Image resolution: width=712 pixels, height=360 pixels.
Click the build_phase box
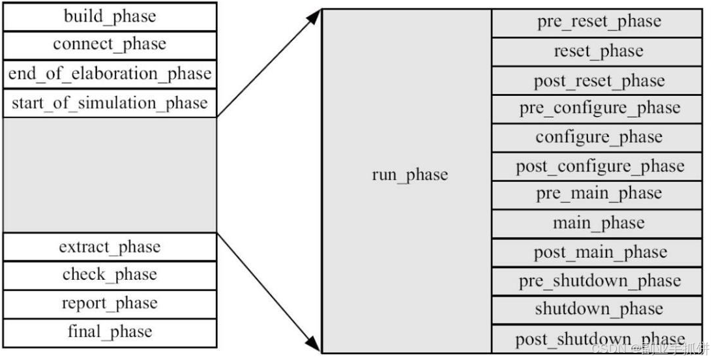tap(110, 16)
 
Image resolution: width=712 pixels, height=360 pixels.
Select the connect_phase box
tap(110, 45)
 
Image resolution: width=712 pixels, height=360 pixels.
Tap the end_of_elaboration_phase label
tap(110, 74)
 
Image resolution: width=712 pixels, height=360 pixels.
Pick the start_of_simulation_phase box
tap(110, 103)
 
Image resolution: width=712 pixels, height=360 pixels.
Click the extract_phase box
tap(110, 247)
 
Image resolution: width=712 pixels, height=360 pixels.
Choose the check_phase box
tap(110, 275)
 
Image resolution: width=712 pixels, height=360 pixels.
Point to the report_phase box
tap(110, 304)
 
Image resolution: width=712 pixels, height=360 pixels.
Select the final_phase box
tap(110, 332)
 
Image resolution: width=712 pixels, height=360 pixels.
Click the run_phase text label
tap(409, 175)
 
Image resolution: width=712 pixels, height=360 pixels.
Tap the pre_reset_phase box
tap(599, 23)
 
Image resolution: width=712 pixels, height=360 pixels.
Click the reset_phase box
tap(599, 52)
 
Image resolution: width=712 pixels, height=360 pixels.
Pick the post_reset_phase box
tap(599, 81)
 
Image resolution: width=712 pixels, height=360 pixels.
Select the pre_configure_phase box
tap(599, 109)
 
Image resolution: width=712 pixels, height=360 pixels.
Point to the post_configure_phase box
tap(599, 166)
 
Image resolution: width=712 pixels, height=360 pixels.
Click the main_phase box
tap(599, 224)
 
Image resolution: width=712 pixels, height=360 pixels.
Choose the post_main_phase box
tap(599, 252)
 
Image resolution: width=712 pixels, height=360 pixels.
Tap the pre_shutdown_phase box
tap(599, 281)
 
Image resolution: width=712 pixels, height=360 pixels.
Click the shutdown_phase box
tap(599, 309)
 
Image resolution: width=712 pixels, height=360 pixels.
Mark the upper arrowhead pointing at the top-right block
tap(315, 16)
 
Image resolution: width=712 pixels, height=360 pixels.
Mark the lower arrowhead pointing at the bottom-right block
tap(315, 345)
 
